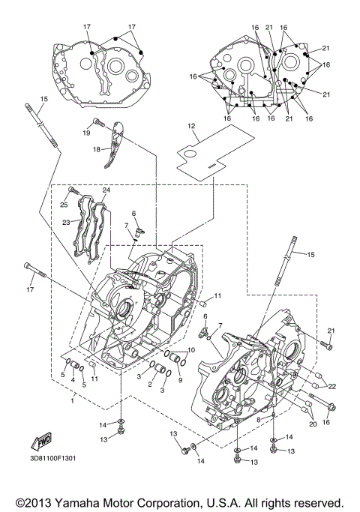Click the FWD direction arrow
[x=40, y=439]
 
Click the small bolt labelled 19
[x=97, y=122]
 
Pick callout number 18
[x=96, y=149]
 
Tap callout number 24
[x=106, y=190]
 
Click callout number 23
[x=66, y=222]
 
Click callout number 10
[x=190, y=351]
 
